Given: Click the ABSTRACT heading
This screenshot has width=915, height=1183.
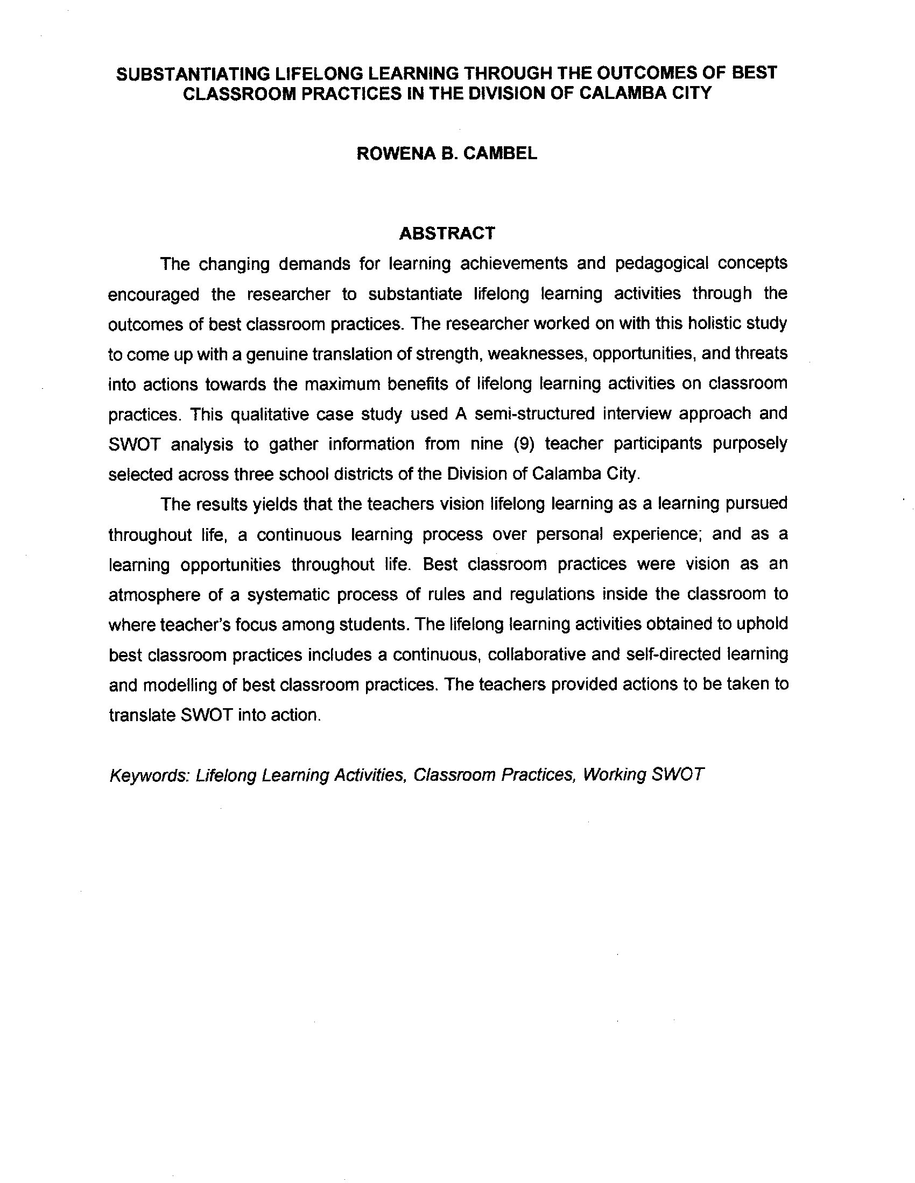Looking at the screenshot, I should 447,233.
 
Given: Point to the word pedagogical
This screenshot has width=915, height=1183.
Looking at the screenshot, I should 662,264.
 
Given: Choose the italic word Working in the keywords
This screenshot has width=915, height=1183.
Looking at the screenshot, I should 614,775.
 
